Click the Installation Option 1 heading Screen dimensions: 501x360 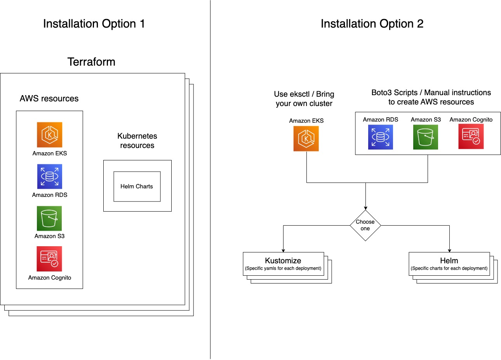(x=94, y=24)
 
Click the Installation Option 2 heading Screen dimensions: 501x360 (x=372, y=24)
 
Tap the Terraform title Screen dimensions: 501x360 (x=91, y=62)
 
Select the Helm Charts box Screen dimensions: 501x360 (x=137, y=186)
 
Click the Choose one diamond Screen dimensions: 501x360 (x=365, y=225)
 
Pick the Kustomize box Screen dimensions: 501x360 (x=284, y=264)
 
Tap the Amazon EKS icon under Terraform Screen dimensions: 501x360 (x=49, y=135)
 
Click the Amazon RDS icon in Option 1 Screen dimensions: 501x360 (x=49, y=176)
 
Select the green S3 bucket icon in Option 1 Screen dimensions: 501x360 (x=49, y=218)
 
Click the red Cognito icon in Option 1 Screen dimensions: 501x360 (x=49, y=259)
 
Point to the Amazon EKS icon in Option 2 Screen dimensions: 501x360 (x=306, y=139)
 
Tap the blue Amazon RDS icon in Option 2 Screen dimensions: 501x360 (x=381, y=137)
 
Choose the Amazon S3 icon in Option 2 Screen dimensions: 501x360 (x=425, y=137)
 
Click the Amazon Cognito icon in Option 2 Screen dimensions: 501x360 (x=471, y=136)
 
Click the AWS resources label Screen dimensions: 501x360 (x=49, y=98)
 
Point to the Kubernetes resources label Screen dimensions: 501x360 (x=137, y=141)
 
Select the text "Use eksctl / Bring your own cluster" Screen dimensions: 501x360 (x=304, y=99)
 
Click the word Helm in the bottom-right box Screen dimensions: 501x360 (x=449, y=261)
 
